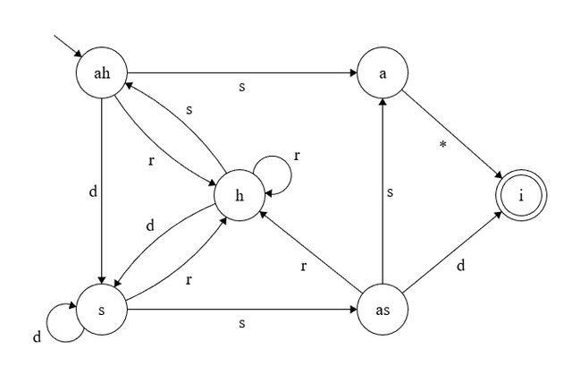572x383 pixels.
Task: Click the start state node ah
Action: click(102, 72)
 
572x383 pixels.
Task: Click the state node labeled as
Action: click(383, 311)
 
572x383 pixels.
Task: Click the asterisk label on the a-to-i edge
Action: click(442, 145)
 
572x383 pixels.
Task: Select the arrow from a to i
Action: click(451, 134)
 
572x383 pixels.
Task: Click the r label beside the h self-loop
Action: click(296, 156)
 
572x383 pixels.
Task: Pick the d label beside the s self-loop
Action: click(38, 337)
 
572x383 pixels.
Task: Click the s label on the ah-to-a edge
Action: click(241, 88)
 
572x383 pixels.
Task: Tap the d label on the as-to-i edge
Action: click(459, 266)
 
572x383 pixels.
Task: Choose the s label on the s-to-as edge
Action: click(241, 323)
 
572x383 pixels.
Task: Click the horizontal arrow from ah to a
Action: click(241, 72)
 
